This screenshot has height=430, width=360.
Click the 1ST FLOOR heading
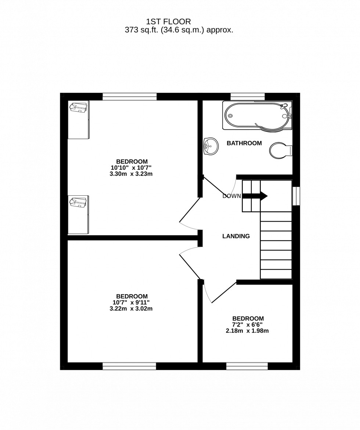point(169,22)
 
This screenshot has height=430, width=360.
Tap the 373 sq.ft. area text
point(179,30)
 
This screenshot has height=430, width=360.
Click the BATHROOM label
point(244,143)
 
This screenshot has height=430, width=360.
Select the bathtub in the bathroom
point(256,116)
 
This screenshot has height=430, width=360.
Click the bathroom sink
point(209,147)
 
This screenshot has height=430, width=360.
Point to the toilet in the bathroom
point(280,150)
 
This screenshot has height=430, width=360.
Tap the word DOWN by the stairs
point(231,196)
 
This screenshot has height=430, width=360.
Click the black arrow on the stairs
point(254,196)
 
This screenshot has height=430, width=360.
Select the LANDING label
point(236,236)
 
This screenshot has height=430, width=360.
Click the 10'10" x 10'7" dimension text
point(132,168)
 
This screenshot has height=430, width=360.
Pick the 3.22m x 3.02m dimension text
point(131,309)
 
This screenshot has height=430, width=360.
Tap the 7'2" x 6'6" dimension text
point(248,325)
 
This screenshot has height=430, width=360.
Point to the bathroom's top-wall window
point(248,97)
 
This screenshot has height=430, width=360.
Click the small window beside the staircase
point(296,196)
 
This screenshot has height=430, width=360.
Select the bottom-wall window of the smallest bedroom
point(247,366)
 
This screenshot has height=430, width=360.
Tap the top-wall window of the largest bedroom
point(130,97)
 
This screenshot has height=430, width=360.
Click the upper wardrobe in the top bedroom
point(79,120)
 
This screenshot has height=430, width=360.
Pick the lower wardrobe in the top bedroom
point(78,214)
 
